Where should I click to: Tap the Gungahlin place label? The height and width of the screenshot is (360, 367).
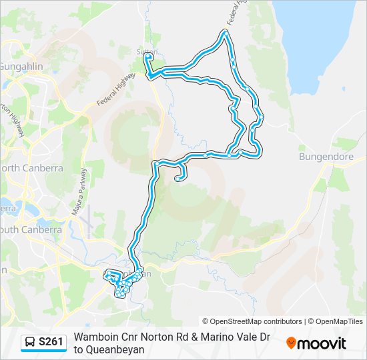click(x=20, y=67)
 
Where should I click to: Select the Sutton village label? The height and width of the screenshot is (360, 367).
click(x=148, y=51)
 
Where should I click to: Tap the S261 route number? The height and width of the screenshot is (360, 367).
click(x=51, y=343)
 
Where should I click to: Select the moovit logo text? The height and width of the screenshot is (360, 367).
click(x=322, y=343)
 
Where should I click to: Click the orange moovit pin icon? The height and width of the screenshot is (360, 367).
click(x=291, y=343)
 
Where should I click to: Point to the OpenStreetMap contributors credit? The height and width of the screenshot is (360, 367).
click(x=252, y=321)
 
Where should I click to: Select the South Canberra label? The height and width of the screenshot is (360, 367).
click(x=30, y=229)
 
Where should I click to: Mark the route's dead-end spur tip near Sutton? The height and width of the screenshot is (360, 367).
click(x=147, y=58)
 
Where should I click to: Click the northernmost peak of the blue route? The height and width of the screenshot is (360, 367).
click(x=226, y=31)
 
